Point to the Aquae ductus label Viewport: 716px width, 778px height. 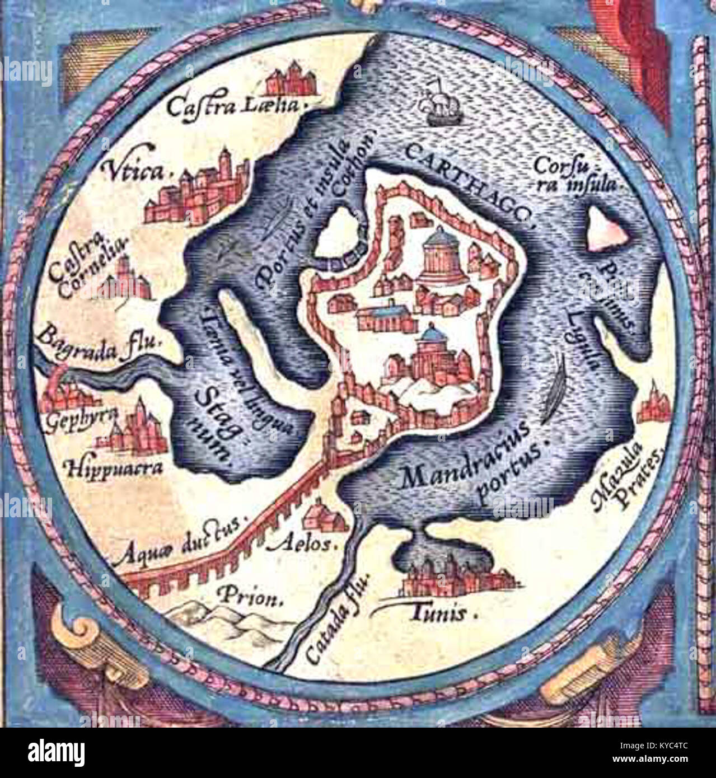click(x=179, y=541)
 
